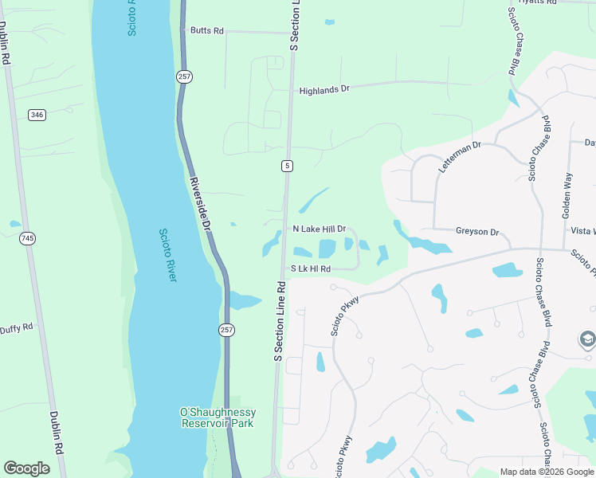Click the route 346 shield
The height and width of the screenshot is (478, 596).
[x=37, y=115]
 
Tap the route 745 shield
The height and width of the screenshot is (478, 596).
[x=28, y=238]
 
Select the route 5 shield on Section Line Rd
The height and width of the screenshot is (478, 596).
[x=287, y=166]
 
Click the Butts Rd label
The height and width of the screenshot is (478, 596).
[x=206, y=31]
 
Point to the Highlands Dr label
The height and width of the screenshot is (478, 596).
[x=324, y=90]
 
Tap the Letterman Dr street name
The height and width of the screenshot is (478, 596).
[x=461, y=158]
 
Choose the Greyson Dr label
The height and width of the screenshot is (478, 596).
[x=477, y=232]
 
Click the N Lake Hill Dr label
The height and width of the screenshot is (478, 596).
[x=319, y=229]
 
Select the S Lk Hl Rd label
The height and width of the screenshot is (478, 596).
[x=310, y=269]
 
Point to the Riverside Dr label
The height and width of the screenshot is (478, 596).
[x=200, y=203]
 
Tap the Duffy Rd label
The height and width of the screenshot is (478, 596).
[x=16, y=328]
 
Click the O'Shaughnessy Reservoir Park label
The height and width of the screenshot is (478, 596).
[x=218, y=417]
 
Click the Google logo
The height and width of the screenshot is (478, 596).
[x=26, y=468]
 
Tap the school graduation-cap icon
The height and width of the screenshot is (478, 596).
[x=587, y=340]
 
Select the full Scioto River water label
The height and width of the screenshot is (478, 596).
[x=167, y=255]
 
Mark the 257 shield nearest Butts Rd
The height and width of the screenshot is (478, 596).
[x=185, y=76]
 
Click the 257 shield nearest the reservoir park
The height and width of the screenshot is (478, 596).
[x=227, y=330]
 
